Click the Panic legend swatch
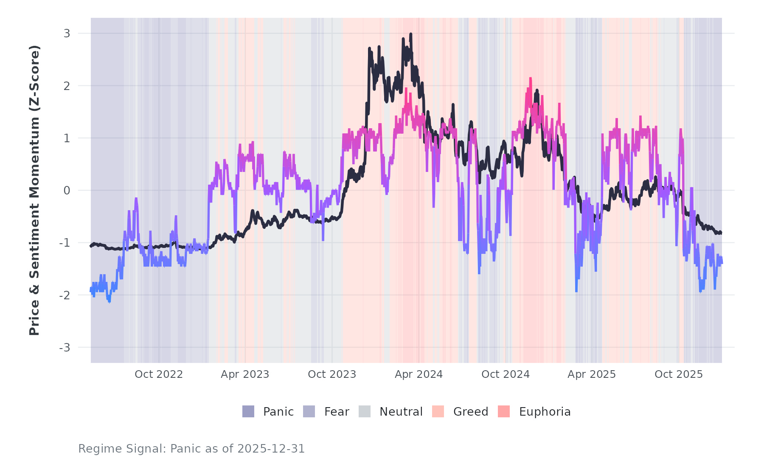[x=248, y=411]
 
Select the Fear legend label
[x=337, y=412]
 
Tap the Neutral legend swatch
[x=365, y=411]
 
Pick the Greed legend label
[x=471, y=412]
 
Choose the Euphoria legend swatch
[x=504, y=411]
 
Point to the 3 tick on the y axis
[x=67, y=34]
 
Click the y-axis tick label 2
[x=67, y=86]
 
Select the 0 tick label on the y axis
[x=67, y=191]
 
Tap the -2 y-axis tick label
[x=65, y=295]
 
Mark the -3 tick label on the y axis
[x=65, y=348]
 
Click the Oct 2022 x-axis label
[x=159, y=374]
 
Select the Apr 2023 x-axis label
[x=245, y=374]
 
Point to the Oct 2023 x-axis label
[x=332, y=374]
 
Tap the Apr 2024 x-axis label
[x=419, y=374]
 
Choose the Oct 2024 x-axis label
[x=506, y=374]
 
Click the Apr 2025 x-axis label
[x=592, y=374]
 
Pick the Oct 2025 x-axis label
[x=679, y=374]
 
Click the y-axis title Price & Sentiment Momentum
[x=34, y=190]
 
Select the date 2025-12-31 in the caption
[x=271, y=449]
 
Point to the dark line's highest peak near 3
[x=410, y=34]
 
